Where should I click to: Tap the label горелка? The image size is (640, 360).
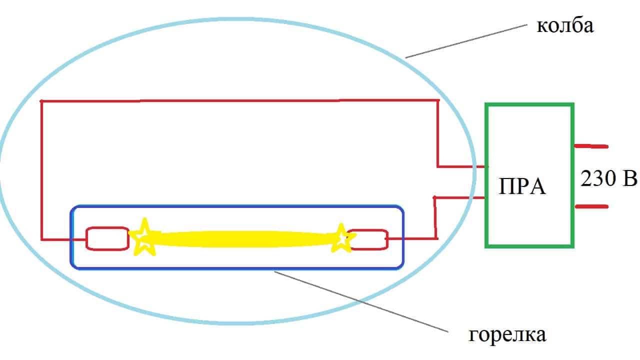pyautogui.click(x=507, y=334)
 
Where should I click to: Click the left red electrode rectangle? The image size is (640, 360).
pyautogui.click(x=107, y=238)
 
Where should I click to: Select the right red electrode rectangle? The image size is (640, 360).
pyautogui.click(x=369, y=239)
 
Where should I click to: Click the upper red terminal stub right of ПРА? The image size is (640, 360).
pyautogui.click(x=591, y=146)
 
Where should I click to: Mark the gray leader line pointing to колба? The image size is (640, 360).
pyautogui.click(x=467, y=40)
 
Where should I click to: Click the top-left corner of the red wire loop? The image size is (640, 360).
pyautogui.click(x=41, y=101)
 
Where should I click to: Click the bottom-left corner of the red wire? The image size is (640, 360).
pyautogui.click(x=42, y=240)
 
